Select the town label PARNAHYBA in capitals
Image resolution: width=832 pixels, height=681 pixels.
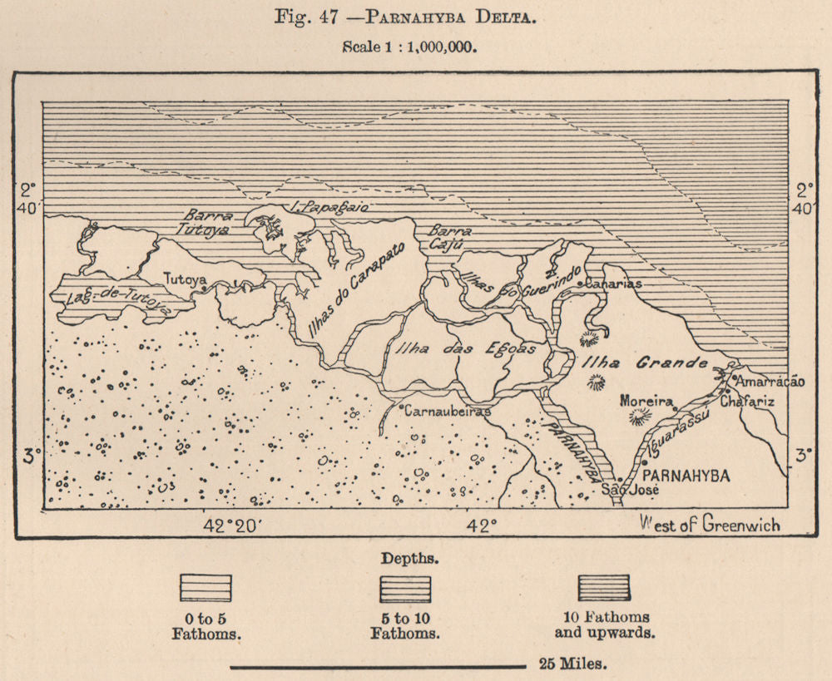tap(687, 476)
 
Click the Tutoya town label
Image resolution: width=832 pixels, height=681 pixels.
tap(185, 279)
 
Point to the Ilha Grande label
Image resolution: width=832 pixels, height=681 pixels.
tap(645, 363)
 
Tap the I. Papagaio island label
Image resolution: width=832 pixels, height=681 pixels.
tap(321, 205)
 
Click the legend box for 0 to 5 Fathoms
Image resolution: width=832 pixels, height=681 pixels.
tap(206, 588)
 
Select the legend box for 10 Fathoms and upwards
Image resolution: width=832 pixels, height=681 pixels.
tap(604, 587)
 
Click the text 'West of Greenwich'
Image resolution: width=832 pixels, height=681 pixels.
tap(710, 524)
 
